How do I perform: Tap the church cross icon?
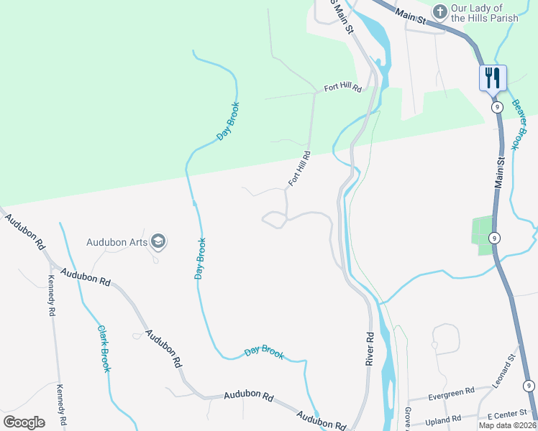(440, 11)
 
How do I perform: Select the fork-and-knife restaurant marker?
(493, 78)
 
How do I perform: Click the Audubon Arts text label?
(117, 242)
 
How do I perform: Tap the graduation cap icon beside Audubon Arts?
(159, 242)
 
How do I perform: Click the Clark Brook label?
(104, 349)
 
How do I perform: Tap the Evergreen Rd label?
(450, 391)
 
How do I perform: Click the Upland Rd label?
(443, 420)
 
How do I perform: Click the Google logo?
(24, 422)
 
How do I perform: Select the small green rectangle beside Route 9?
(483, 236)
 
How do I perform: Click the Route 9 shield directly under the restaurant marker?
(496, 106)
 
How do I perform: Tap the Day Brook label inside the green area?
(228, 121)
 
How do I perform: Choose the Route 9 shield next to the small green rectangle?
(494, 238)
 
